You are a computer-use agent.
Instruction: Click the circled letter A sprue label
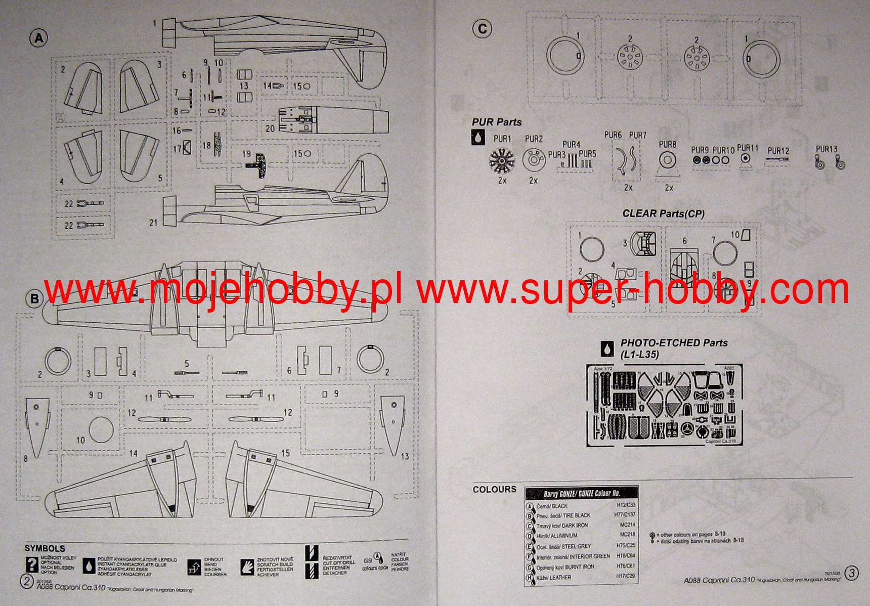click(x=39, y=38)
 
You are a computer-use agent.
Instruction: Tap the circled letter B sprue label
click(x=34, y=298)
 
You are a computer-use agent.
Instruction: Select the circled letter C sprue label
click(x=482, y=29)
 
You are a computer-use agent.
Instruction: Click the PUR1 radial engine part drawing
click(x=502, y=160)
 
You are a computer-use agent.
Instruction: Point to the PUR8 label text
click(x=667, y=144)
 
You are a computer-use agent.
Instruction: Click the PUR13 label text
click(x=826, y=149)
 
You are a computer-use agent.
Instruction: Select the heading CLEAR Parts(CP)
click(x=663, y=213)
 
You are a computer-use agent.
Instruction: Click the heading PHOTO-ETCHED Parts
click(x=674, y=343)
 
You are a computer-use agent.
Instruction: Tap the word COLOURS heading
click(x=494, y=489)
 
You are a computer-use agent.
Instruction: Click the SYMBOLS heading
click(x=45, y=548)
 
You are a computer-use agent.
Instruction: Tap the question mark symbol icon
click(x=32, y=565)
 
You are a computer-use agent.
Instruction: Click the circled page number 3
click(x=852, y=573)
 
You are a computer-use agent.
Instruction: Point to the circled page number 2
click(x=27, y=581)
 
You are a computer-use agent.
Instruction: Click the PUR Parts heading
click(x=496, y=122)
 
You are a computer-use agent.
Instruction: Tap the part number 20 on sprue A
click(x=270, y=128)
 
